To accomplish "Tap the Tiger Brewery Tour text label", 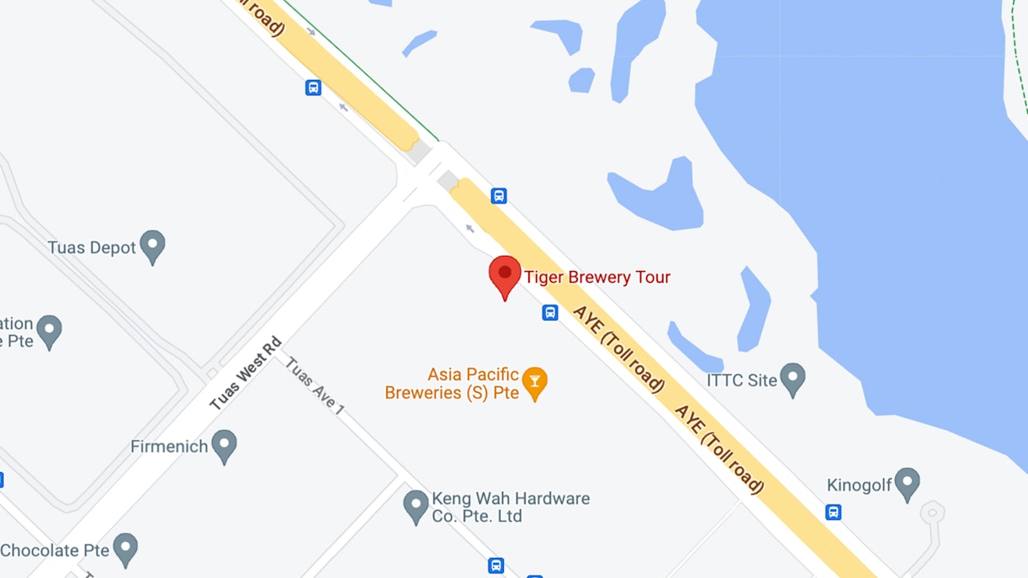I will tap(597, 277).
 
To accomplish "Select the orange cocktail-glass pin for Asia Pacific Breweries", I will tap(534, 382).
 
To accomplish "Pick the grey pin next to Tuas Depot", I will tap(152, 246).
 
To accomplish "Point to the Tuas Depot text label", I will tap(92, 247).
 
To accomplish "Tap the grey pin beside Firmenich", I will tap(224, 445).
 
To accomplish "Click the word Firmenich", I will tap(169, 447).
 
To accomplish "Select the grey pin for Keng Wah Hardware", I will tap(416, 506).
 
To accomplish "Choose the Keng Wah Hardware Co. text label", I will tap(511, 507).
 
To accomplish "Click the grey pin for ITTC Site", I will tap(792, 379).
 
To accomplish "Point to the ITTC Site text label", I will tap(742, 380).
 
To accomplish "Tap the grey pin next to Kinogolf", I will tap(907, 484).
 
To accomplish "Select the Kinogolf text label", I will tap(859, 485).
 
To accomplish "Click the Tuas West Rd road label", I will tap(246, 374).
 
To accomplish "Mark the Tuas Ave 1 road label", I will tap(315, 386).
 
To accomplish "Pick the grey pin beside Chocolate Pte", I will tap(125, 549).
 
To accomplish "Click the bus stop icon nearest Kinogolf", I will tap(833, 512).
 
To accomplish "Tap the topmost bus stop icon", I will tap(313, 87).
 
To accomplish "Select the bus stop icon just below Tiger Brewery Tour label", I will tap(550, 313).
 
